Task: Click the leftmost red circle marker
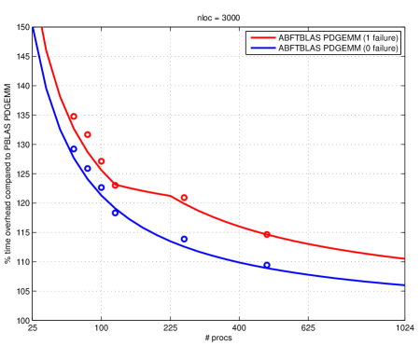coord(74,117)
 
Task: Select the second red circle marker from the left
coord(88,134)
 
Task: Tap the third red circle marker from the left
coord(102,161)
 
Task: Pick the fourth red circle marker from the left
coord(116,185)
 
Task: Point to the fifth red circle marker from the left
coord(184,198)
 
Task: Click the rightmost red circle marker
coord(267,234)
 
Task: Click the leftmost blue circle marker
coord(74,149)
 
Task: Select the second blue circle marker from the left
coord(88,169)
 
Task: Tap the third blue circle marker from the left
coord(102,188)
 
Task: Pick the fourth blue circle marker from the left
coord(116,213)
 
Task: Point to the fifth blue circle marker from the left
coord(184,239)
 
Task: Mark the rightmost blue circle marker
coord(267,265)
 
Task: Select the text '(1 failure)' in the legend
coord(377,37)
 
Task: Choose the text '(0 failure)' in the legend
coord(377,48)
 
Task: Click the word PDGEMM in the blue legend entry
coord(340,48)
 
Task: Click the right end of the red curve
coord(404,258)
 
